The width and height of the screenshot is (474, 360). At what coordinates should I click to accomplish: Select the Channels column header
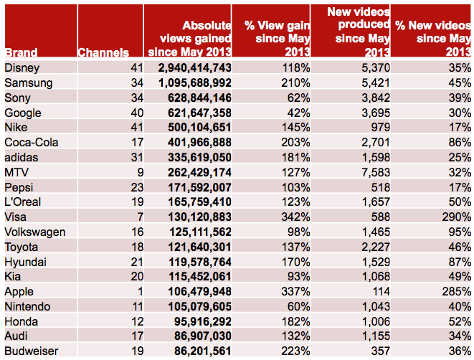[103, 52]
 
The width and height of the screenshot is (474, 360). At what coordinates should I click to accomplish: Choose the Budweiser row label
[30, 351]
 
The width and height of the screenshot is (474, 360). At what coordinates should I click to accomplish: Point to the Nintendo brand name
[27, 306]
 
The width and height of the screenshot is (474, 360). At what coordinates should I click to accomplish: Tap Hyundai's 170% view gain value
[295, 262]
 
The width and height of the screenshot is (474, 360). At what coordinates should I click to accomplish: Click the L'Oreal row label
[24, 202]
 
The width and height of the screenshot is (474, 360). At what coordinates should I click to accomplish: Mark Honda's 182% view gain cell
[295, 321]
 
